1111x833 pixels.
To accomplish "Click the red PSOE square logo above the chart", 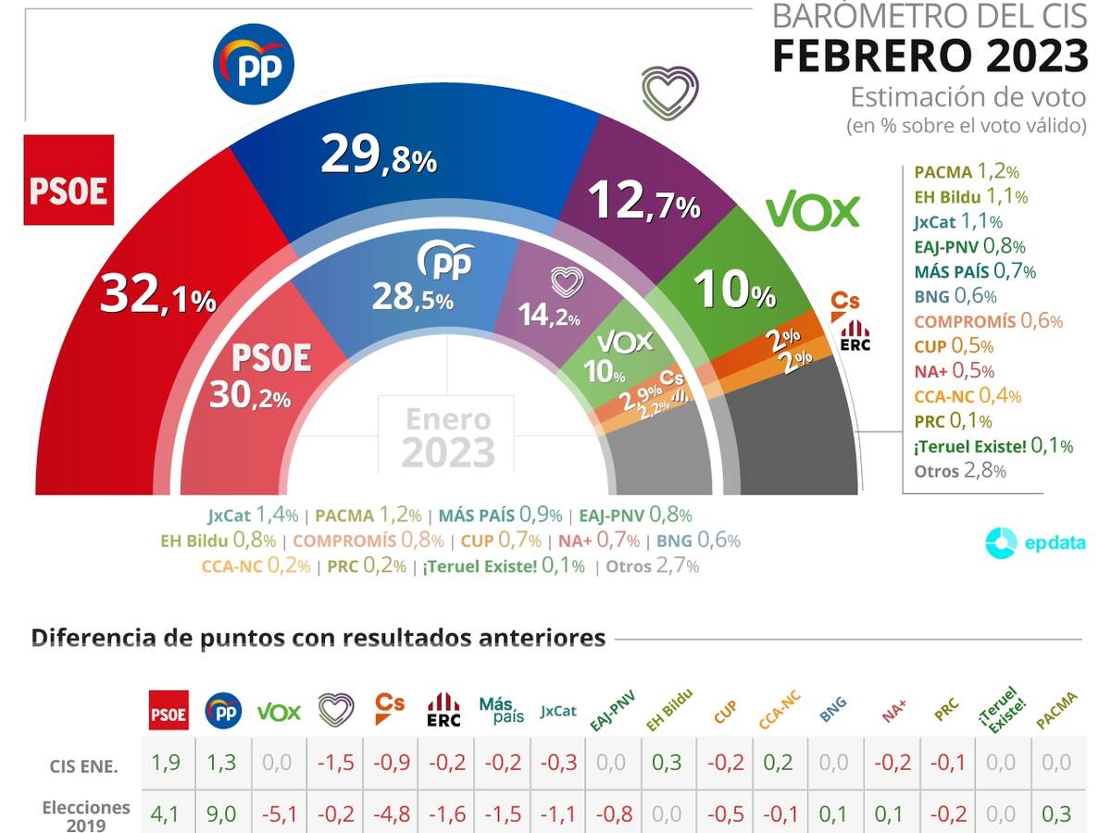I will [x=69, y=180].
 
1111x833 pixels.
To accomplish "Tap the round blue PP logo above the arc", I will [x=254, y=64].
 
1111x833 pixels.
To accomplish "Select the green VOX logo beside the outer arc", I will [x=813, y=212].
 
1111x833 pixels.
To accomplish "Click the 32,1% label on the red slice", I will [x=158, y=295].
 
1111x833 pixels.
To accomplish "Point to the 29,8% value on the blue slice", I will [x=378, y=155].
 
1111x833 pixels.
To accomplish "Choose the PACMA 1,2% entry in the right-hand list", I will [x=966, y=172].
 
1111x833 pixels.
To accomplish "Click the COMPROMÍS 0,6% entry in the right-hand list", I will [x=988, y=321].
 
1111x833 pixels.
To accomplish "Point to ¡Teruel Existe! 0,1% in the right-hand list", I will [x=993, y=446].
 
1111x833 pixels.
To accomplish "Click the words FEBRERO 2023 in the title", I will [x=930, y=56].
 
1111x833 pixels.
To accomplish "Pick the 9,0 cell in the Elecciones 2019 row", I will [x=222, y=814].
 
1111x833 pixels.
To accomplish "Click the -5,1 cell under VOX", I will [x=279, y=814].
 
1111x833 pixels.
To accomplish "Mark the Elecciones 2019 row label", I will [x=86, y=814].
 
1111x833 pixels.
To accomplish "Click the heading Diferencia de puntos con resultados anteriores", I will [x=318, y=638].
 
